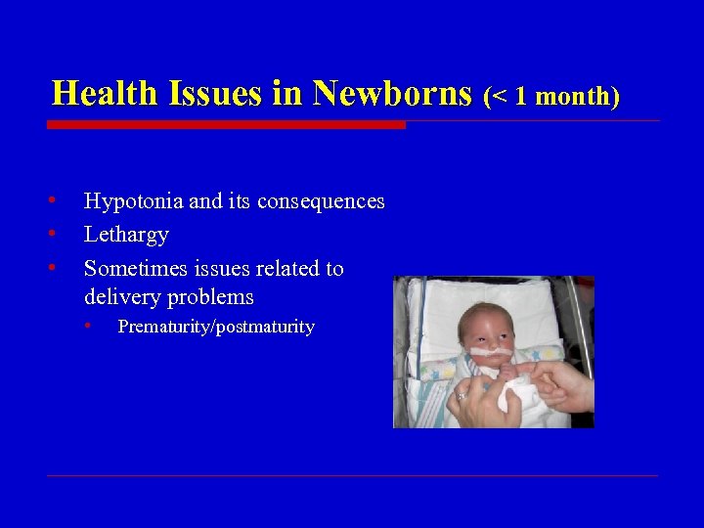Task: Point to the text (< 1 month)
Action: click(551, 96)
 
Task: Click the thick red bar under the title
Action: click(226, 125)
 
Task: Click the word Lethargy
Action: click(126, 235)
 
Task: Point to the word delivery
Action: click(123, 296)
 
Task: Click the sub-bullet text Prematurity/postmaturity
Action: click(215, 327)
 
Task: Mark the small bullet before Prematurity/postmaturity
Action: click(88, 325)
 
